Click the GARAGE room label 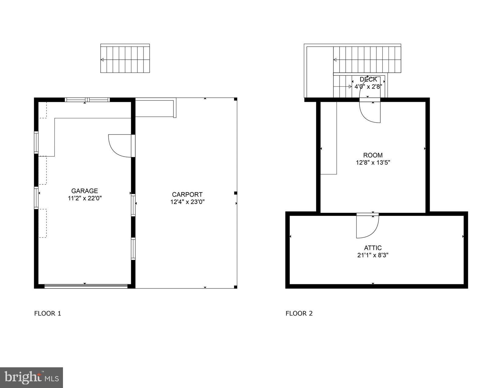85,191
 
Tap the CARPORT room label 187,194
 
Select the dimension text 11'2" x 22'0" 85,198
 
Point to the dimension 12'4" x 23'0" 187,202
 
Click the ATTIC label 373,248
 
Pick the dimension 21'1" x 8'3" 373,255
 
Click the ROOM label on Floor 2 373,155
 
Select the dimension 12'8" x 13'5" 373,163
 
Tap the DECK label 368,79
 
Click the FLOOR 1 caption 48,313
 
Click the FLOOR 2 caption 299,313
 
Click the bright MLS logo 32,378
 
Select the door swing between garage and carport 120,146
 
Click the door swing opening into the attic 367,227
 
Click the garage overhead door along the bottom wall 86,286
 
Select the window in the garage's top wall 87,100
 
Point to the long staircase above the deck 367,60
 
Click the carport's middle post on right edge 235,193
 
